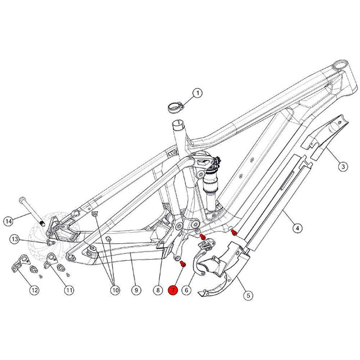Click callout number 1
197,93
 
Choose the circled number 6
187,290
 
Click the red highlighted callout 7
173,290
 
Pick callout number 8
158,290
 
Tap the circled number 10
114,290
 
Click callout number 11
69,290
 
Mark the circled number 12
34,290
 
